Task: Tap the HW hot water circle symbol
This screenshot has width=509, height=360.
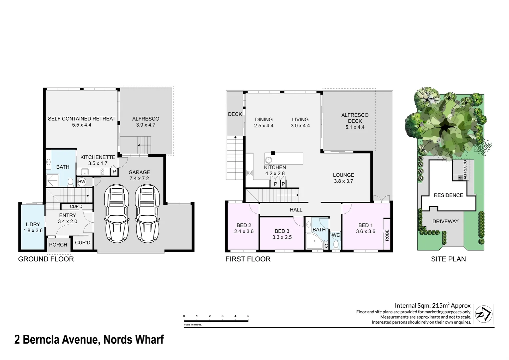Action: click(82, 182)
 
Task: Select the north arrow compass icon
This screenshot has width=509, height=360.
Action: click(484, 314)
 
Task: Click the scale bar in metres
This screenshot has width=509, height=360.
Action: click(216, 321)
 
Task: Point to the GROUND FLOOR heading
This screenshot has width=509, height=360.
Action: click(46, 259)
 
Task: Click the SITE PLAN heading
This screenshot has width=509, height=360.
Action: click(448, 259)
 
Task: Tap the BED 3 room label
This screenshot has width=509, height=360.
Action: click(282, 234)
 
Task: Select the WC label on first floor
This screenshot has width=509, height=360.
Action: click(336, 235)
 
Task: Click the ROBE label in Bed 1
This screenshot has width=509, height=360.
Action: click(387, 235)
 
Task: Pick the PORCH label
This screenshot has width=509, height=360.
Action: click(58, 245)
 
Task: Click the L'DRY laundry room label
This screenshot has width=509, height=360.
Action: click(33, 227)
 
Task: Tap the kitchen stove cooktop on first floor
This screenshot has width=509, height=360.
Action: click(249, 173)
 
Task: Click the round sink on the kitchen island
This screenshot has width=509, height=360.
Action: click(269, 160)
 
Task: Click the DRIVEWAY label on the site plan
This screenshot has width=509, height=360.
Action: click(445, 221)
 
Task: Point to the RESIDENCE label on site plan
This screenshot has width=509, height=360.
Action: click(448, 195)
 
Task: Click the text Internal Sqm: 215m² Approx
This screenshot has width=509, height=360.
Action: click(432, 305)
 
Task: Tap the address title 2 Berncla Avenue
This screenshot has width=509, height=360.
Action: click(89, 340)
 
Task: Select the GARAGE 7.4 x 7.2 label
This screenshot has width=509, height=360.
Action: click(139, 175)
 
